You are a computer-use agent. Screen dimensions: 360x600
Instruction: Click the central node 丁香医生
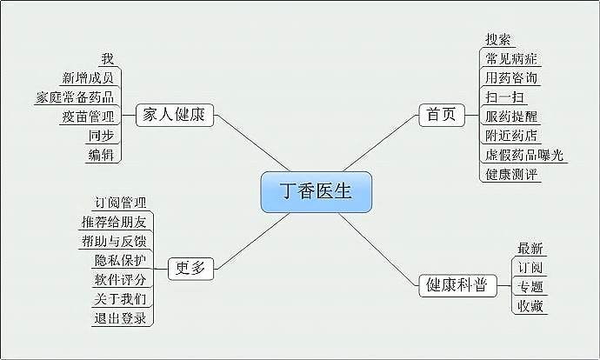[317, 192]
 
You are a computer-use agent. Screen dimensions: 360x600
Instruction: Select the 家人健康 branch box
[174, 114]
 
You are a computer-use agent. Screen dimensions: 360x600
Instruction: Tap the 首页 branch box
[442, 114]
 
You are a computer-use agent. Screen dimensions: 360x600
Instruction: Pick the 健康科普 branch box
[456, 285]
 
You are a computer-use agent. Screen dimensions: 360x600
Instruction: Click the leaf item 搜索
[498, 39]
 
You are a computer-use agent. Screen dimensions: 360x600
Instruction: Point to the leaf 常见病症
[511, 58]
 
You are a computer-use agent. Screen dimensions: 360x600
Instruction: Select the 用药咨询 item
[511, 77]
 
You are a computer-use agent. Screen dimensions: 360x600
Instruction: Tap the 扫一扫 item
[504, 97]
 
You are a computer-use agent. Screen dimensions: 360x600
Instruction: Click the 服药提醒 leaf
[511, 116]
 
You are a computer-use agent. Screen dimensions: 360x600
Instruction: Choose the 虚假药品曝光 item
[524, 155]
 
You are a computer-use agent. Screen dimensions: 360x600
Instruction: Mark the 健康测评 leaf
[511, 174]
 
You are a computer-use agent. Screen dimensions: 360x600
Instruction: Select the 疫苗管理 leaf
[88, 117]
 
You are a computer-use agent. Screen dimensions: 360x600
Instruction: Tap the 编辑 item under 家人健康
[101, 155]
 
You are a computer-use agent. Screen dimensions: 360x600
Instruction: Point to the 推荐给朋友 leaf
[114, 221]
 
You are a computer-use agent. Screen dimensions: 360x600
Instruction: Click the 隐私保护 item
[120, 260]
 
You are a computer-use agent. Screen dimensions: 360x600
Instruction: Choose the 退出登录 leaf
[120, 317]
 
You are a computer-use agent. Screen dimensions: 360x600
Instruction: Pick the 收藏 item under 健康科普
[530, 305]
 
